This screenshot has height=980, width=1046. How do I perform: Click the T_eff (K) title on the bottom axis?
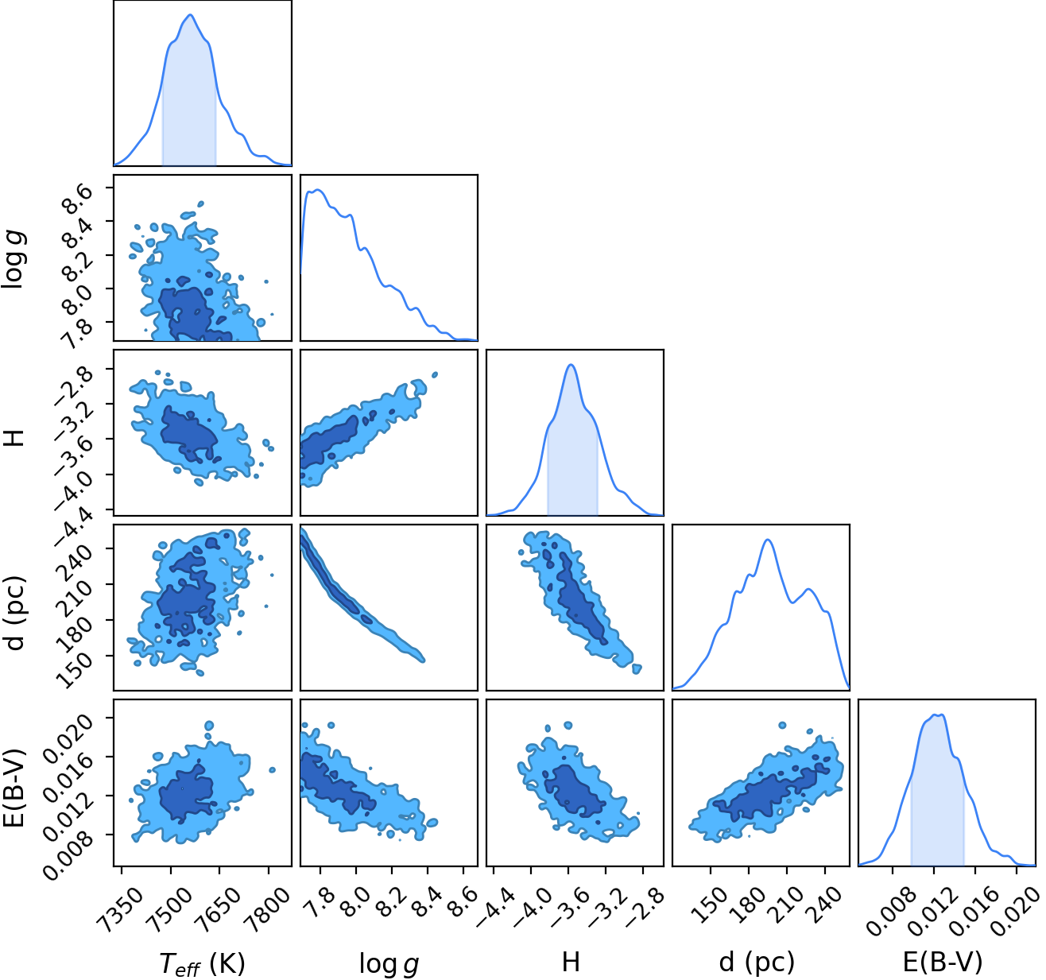tap(202, 963)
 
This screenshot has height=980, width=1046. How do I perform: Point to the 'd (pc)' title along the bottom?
tap(757, 963)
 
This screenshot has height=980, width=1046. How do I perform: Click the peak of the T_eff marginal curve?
tap(191, 15)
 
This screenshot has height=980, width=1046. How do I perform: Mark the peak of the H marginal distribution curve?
tap(571, 365)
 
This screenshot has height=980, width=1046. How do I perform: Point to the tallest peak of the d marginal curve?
tap(768, 540)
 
